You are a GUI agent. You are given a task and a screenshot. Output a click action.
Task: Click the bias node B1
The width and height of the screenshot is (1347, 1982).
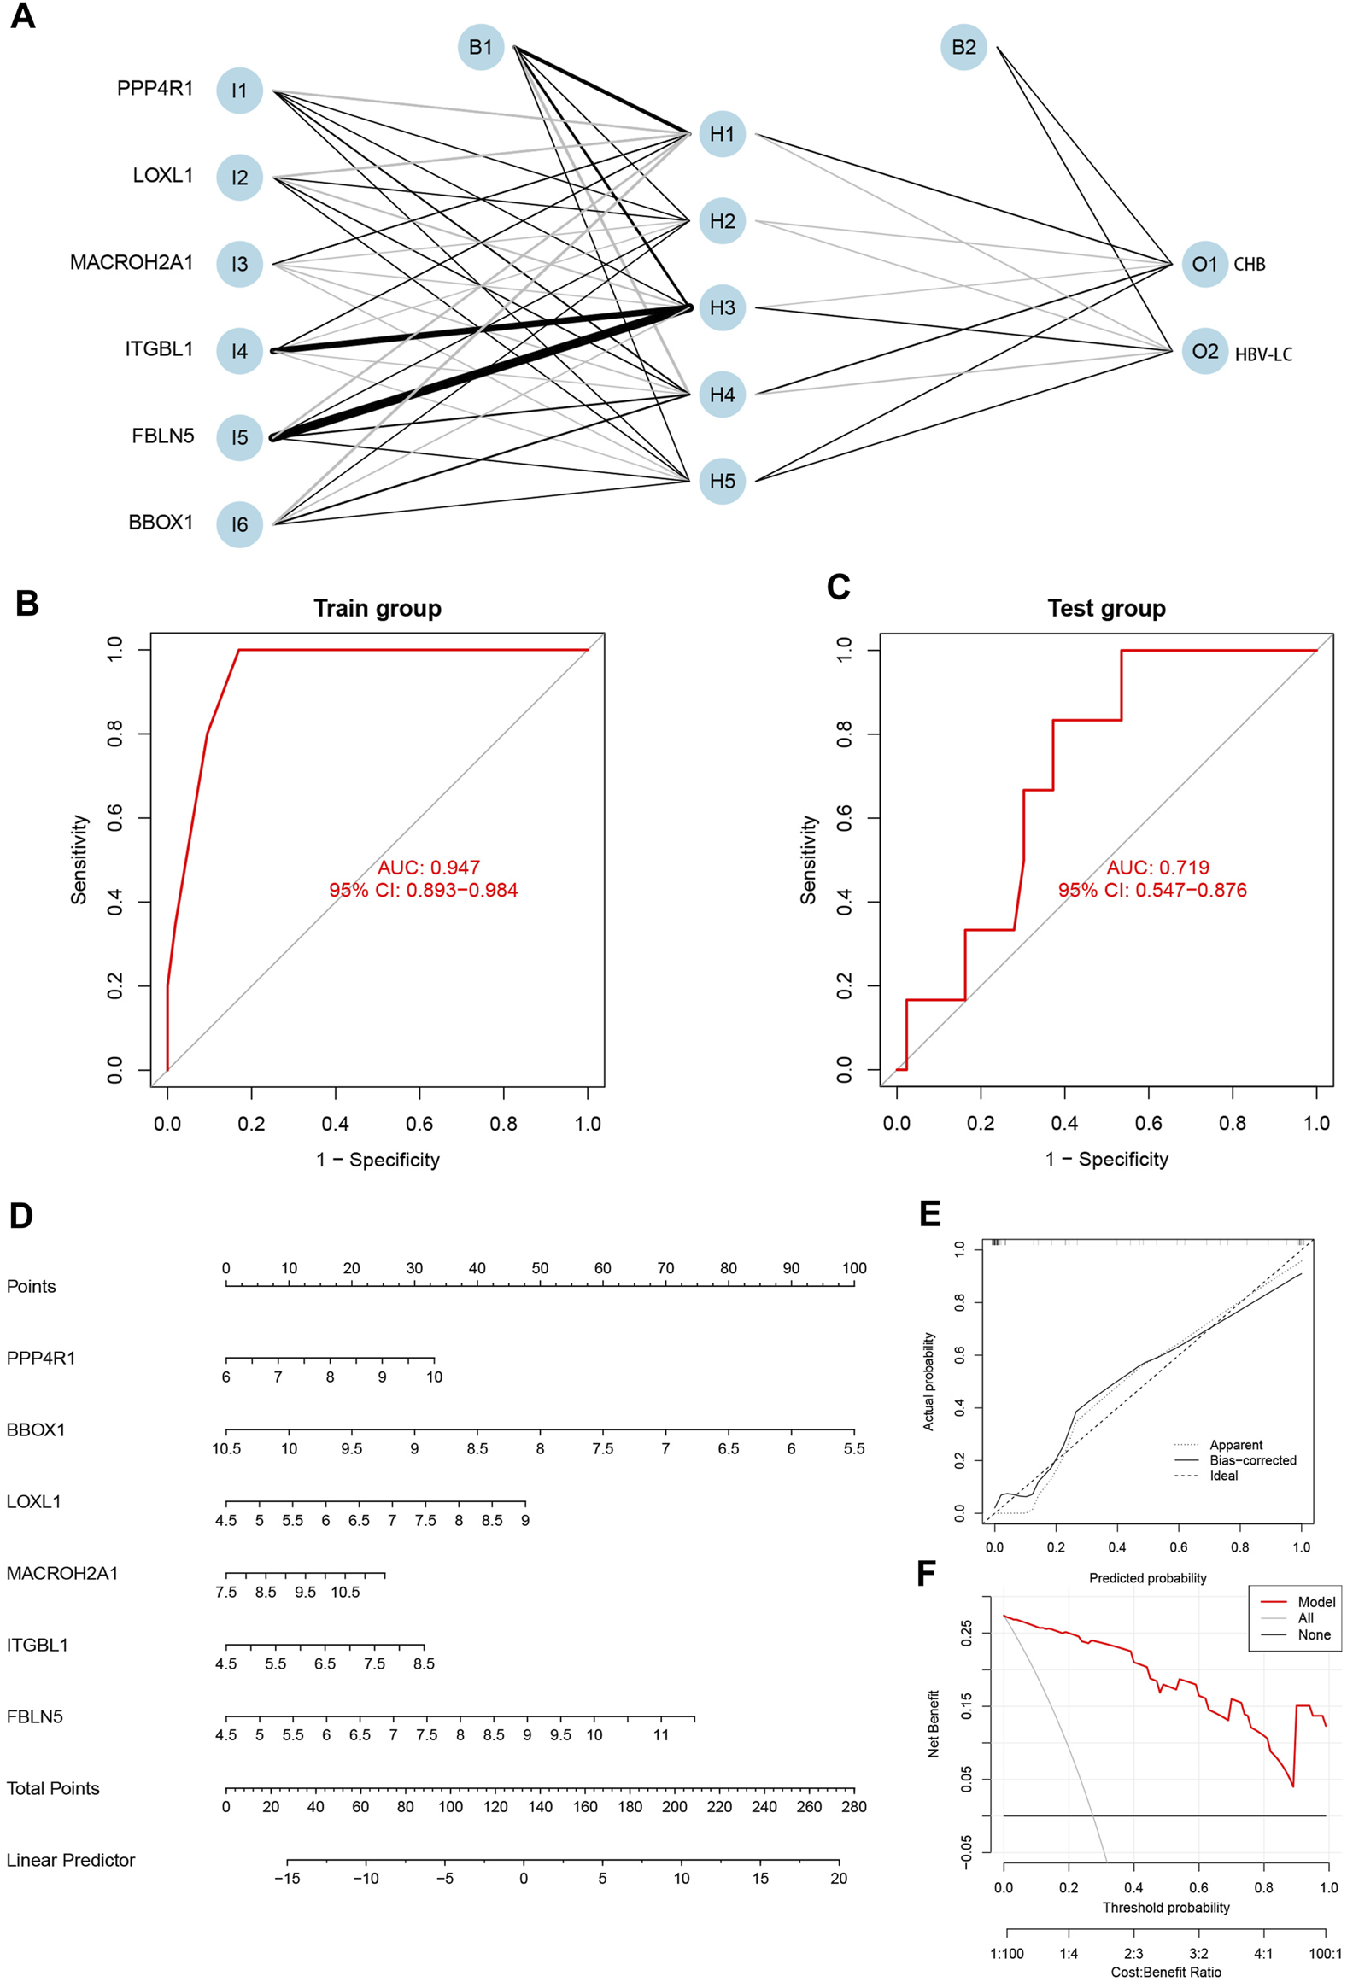click(480, 47)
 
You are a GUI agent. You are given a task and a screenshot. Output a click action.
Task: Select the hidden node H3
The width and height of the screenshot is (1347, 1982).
click(722, 307)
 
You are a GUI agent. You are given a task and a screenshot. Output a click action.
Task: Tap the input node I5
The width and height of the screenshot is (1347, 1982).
click(239, 437)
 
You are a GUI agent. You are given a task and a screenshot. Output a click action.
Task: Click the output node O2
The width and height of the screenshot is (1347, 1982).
click(1204, 351)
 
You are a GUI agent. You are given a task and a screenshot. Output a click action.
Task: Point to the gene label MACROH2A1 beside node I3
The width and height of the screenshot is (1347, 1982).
click(131, 262)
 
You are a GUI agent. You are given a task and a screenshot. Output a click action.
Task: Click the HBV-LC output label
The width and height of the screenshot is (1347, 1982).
click(1262, 354)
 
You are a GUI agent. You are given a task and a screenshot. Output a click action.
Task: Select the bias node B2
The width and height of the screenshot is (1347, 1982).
click(963, 47)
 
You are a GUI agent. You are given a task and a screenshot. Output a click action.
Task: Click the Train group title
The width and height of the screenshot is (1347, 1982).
click(377, 608)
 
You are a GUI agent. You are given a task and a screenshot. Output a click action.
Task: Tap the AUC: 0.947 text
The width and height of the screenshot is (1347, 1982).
click(428, 868)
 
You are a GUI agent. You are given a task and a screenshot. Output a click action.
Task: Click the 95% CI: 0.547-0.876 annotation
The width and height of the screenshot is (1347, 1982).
click(1151, 890)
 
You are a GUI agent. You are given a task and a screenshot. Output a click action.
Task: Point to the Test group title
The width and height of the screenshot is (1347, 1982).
click(1106, 608)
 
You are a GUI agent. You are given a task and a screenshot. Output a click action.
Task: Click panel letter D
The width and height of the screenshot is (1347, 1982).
click(21, 1216)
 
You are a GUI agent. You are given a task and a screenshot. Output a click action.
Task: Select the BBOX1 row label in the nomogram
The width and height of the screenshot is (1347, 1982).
click(36, 1429)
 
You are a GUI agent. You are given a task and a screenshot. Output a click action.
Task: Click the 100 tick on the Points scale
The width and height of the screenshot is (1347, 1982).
click(853, 1268)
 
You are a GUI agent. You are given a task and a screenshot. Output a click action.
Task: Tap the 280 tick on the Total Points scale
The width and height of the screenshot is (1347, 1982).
click(853, 1806)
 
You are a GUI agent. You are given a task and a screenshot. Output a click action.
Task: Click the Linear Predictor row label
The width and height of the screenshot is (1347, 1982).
click(71, 1860)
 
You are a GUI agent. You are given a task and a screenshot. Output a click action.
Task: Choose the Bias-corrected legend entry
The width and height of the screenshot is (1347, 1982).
click(1252, 1460)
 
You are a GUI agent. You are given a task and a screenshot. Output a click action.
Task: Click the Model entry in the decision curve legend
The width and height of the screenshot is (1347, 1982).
click(1315, 1602)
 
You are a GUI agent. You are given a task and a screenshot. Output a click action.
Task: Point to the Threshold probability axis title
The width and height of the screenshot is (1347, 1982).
click(1165, 1907)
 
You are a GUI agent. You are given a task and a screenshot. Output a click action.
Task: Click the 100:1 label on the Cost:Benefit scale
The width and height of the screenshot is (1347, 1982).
click(1325, 1953)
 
